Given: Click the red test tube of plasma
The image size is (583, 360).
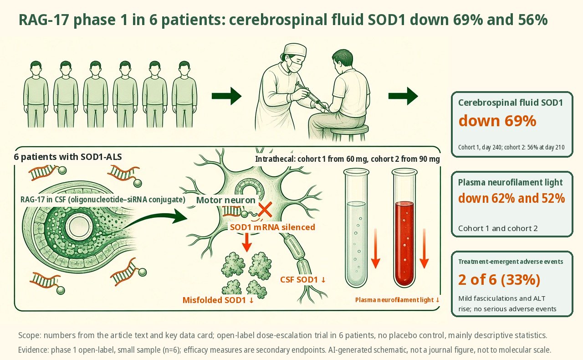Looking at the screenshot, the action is click(404, 228).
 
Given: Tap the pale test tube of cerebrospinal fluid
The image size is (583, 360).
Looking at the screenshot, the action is click(356, 228).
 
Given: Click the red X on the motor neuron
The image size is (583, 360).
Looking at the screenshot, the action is click(265, 210).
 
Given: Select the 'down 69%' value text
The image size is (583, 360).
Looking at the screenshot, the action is click(497, 121).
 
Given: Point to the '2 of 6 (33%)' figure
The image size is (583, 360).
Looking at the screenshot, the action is click(499, 279).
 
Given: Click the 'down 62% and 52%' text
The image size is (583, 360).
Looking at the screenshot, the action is click(511, 198).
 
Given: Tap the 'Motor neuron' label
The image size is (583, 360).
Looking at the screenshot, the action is click(225, 200).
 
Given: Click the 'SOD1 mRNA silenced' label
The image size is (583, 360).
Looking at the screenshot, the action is click(272, 227).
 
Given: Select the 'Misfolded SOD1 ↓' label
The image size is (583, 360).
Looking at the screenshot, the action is click(218, 300).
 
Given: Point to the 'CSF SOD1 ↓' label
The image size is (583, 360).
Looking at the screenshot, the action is click(303, 280).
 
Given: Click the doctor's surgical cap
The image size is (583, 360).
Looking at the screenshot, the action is click(295, 50).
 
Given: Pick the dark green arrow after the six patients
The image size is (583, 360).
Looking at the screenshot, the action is click(226, 96).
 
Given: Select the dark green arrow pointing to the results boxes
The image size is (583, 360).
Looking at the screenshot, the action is click(403, 96).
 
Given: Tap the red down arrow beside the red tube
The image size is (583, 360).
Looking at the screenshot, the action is click(424, 248).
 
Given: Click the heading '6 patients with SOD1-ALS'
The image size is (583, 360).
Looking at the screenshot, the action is click(68, 157).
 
